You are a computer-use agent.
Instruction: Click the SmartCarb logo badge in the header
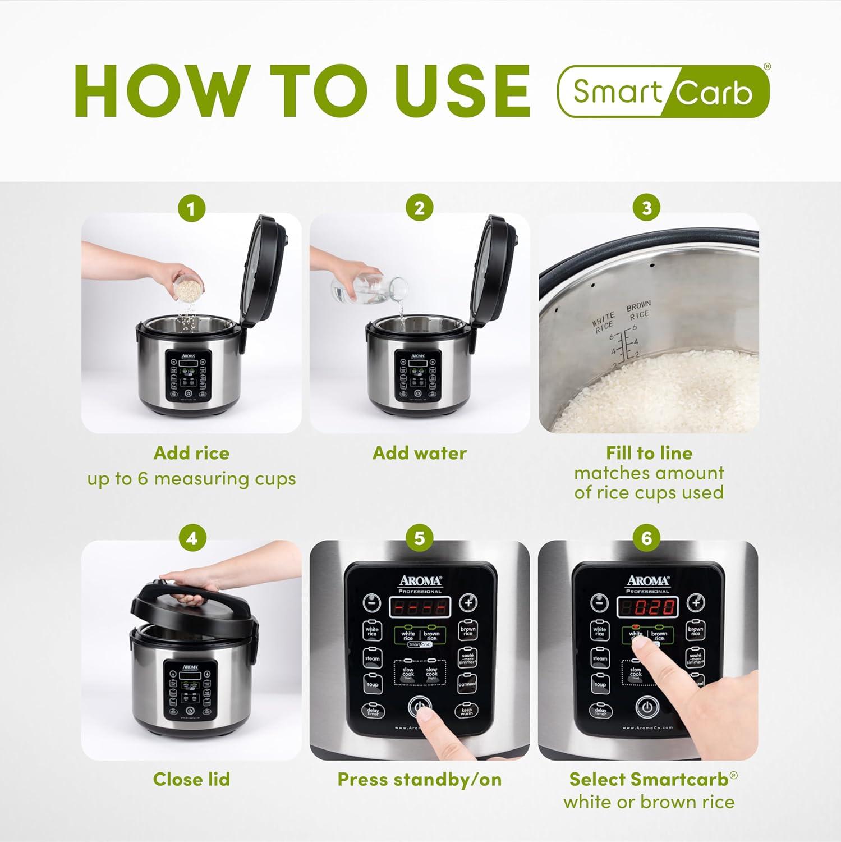coord(663,91)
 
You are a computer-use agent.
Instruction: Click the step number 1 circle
coord(191,209)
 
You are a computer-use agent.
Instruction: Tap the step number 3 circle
coord(647,208)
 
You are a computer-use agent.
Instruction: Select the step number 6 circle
coord(647,538)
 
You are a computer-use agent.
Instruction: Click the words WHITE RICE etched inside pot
coord(604,323)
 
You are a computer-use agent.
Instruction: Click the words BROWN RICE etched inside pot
coord(638,310)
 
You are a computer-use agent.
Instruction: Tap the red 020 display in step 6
coord(648,607)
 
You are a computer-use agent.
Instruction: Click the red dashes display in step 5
coord(419,607)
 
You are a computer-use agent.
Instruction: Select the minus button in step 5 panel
coord(371,603)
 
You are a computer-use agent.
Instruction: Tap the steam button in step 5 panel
coord(372,658)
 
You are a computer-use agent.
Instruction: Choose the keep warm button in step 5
coord(467,711)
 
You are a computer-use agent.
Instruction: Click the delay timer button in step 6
coord(600,711)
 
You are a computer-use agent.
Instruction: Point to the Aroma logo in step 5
coord(420,581)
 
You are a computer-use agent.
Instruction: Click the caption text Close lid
coord(191,779)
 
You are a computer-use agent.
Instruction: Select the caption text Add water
coord(419,453)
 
